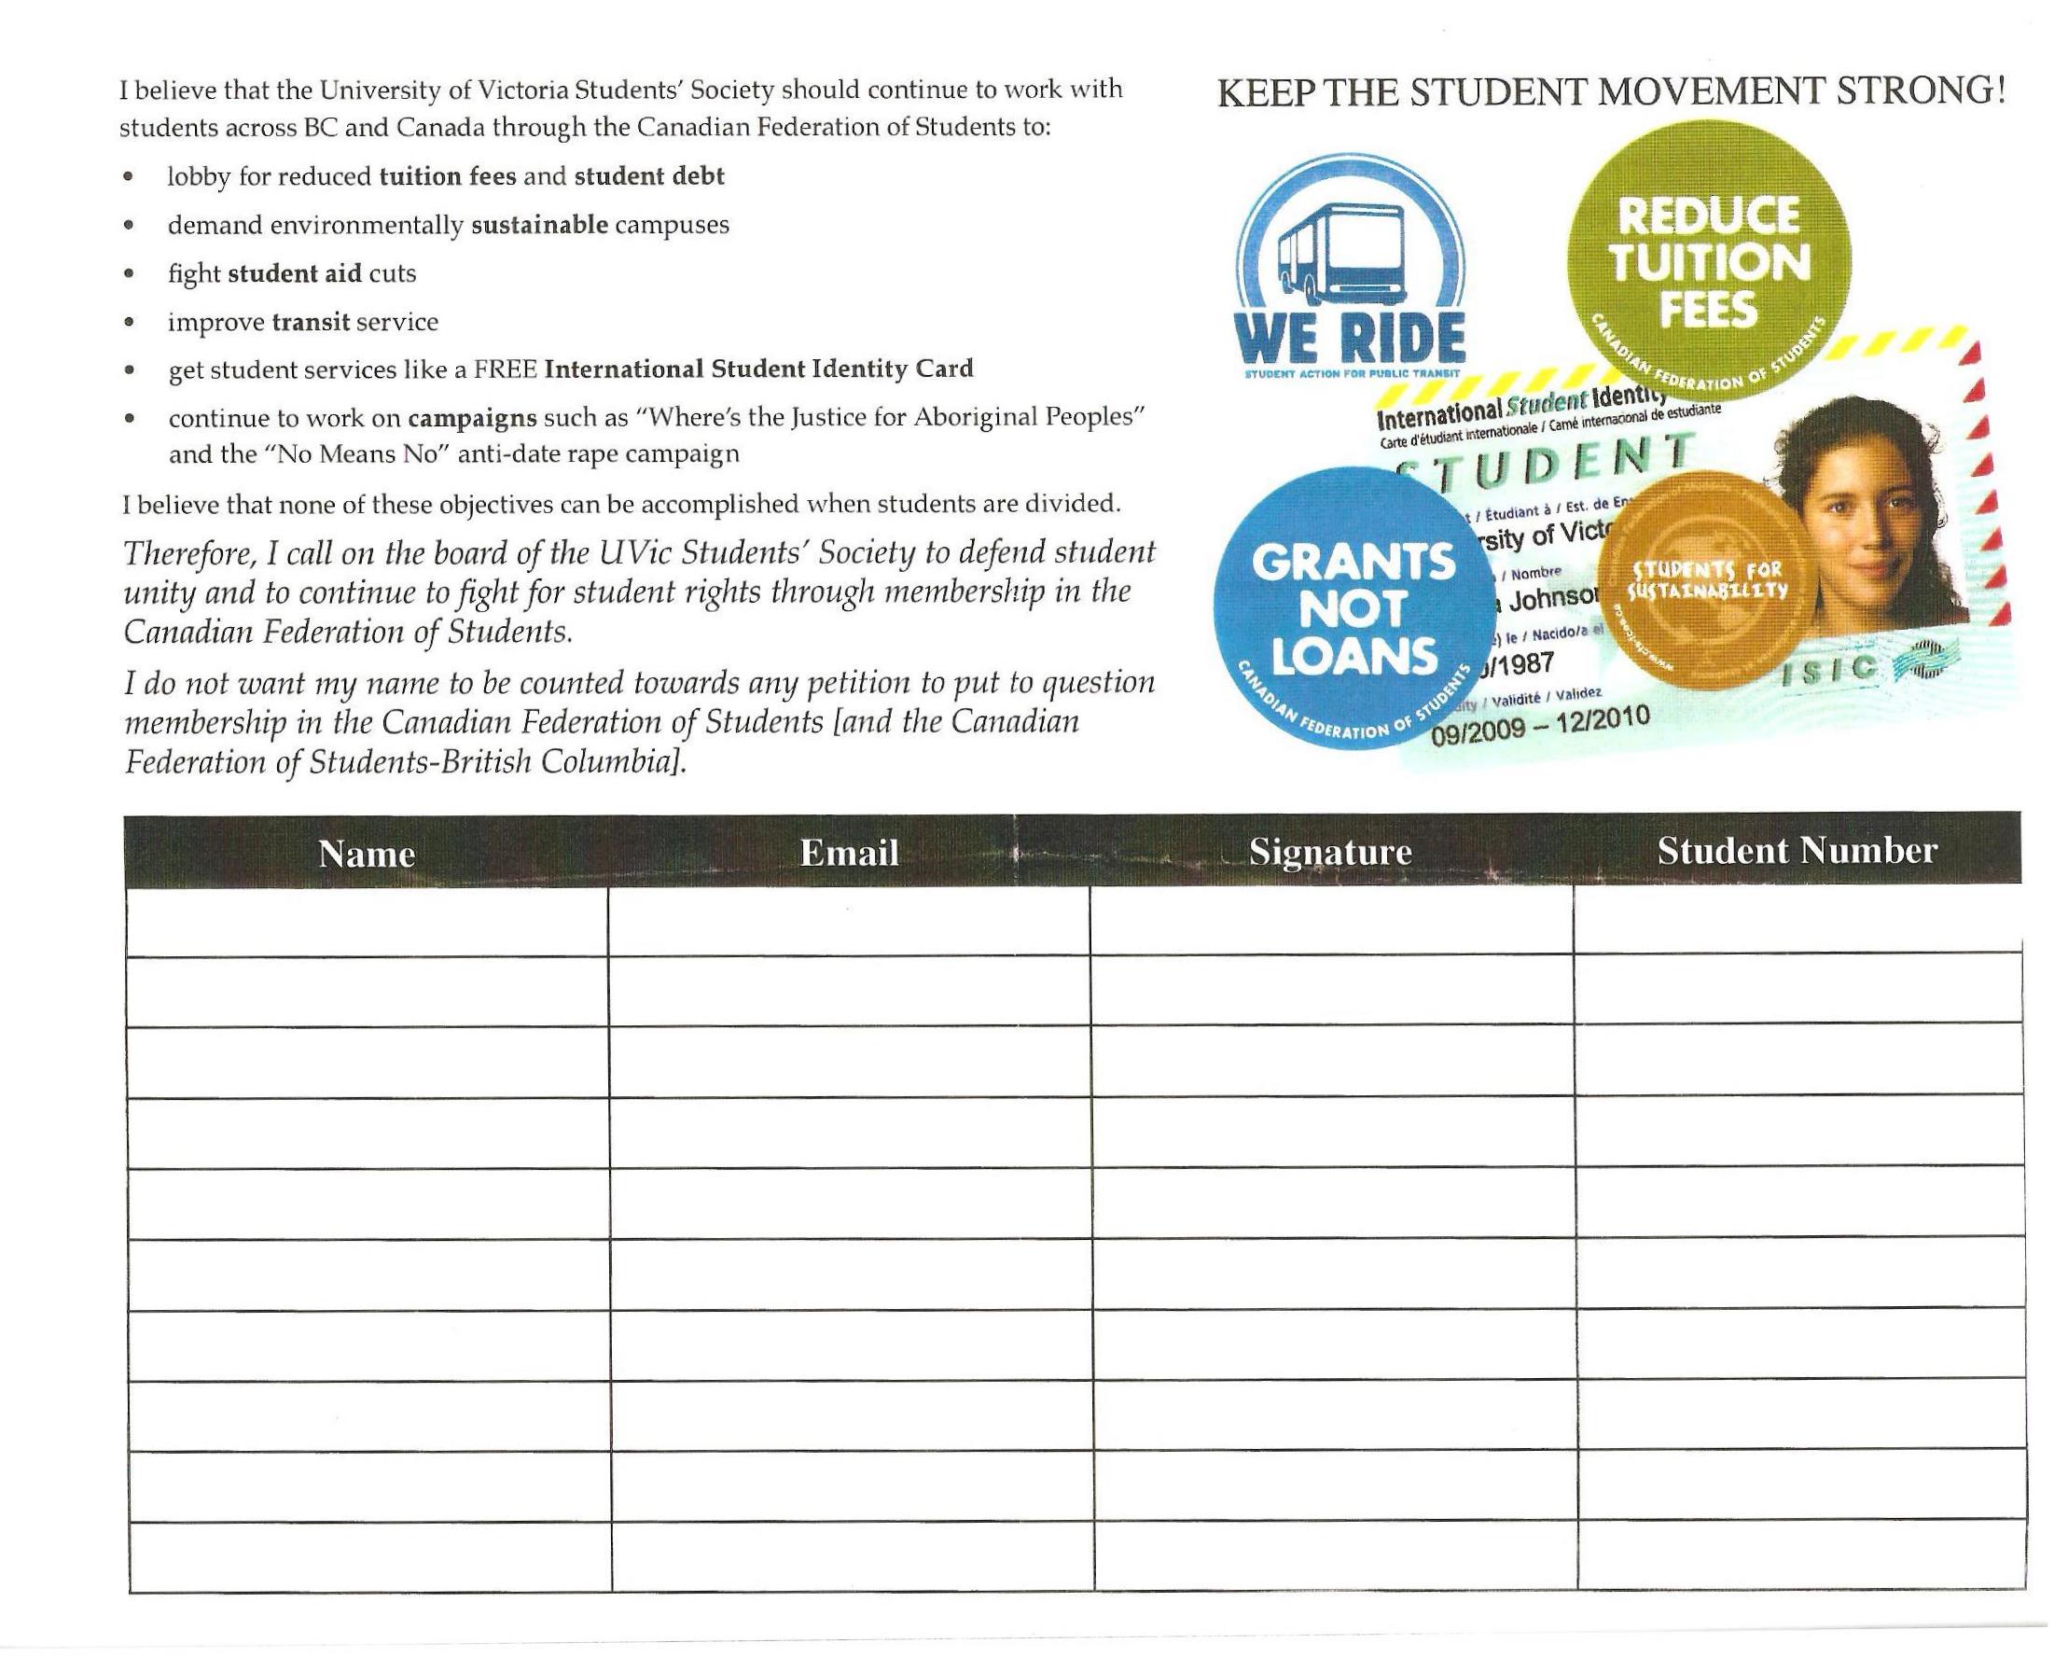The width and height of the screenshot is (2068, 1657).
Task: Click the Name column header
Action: point(367,853)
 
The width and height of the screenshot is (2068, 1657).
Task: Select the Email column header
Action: point(849,852)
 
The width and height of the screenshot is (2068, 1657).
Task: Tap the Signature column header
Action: point(1329,851)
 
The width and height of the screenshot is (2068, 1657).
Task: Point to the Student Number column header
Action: point(1797,850)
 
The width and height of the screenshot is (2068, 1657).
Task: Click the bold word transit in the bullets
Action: point(310,322)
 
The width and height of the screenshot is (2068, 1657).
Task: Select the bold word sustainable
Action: point(539,225)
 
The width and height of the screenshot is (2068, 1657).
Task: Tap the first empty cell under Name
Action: point(367,921)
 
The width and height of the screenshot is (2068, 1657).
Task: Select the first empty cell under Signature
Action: point(1330,921)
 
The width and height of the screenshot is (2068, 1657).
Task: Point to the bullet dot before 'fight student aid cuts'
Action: point(129,274)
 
